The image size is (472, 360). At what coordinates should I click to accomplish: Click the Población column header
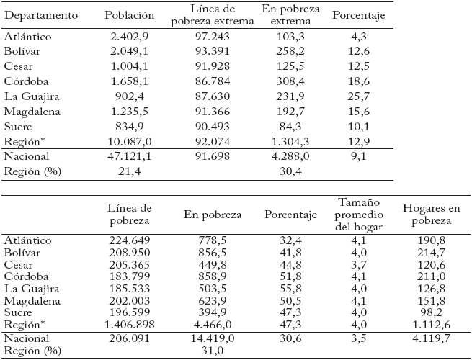[129, 15]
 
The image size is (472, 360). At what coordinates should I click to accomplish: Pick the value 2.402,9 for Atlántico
[129, 36]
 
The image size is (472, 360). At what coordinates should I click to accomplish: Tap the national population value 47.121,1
[129, 156]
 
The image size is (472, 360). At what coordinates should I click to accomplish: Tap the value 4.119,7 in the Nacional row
[431, 338]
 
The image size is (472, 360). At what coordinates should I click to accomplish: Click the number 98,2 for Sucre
[431, 313]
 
